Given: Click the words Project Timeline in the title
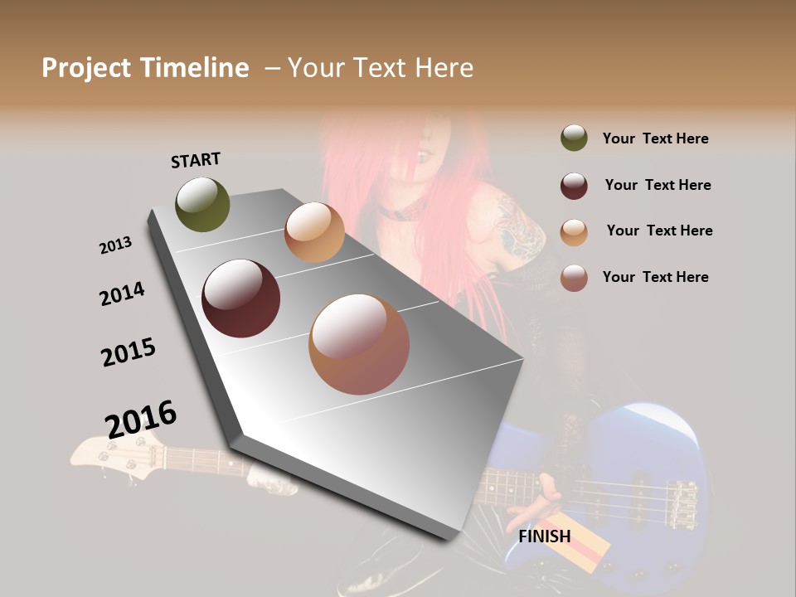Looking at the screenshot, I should point(145,68).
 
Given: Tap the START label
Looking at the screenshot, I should point(196,159).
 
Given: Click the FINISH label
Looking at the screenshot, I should point(545,536).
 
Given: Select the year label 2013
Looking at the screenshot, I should point(115,245).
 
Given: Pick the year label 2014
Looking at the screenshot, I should point(122,294).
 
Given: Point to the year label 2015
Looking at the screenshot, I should point(129,352).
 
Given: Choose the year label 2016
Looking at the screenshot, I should point(141,419).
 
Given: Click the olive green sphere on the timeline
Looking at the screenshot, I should point(202,204).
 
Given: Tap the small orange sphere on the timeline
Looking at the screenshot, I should point(314,232).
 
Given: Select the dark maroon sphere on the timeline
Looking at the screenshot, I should point(241,298).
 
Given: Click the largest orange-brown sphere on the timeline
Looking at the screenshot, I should point(359,344).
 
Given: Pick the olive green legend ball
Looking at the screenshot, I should point(574,138).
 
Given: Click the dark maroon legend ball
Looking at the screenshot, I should point(574,186).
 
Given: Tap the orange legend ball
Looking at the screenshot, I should point(574,232).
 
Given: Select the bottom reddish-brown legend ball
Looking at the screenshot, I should point(574,278).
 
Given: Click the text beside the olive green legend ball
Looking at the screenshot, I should point(655,138).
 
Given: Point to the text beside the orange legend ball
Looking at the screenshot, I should point(659,231).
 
